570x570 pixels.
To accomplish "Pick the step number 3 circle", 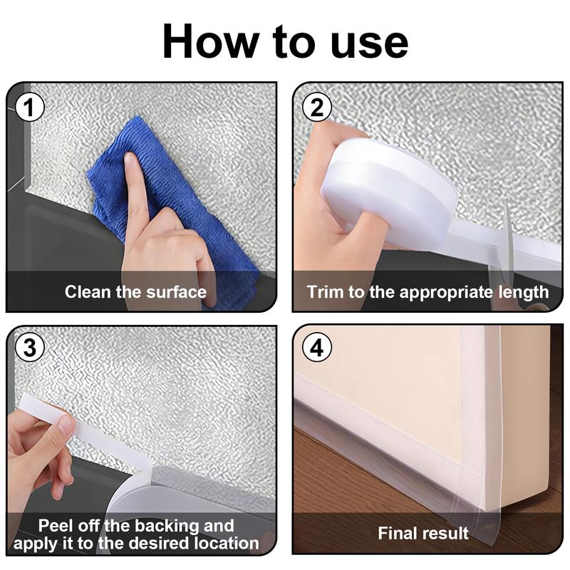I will pos(29,348).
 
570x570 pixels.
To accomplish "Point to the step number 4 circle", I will pos(316,348).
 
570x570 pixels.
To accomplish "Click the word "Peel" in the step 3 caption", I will pos(55,527).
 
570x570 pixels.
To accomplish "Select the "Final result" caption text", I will pos(423,533).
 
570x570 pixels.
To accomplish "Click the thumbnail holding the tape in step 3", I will pos(63,425).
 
